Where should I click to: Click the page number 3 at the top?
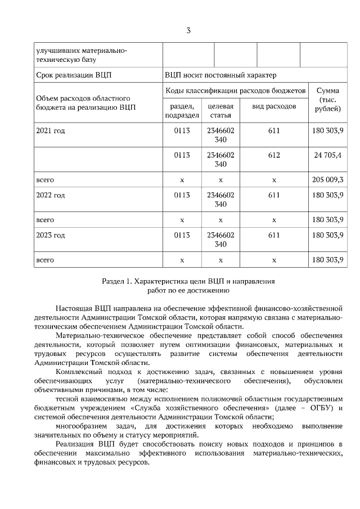pos(188,30)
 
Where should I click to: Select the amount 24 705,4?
pos(328,155)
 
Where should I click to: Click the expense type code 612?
pos(274,155)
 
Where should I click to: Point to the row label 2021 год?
pos(51,131)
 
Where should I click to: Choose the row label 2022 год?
pos(51,195)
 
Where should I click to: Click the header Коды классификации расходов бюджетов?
pos(236,91)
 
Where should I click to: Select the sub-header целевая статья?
pos(220,111)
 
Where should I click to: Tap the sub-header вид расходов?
pos(274,106)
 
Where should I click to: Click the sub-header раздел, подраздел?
pos(182,111)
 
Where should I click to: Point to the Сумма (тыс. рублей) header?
pos(327,99)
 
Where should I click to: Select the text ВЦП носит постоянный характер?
pos(220,75)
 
